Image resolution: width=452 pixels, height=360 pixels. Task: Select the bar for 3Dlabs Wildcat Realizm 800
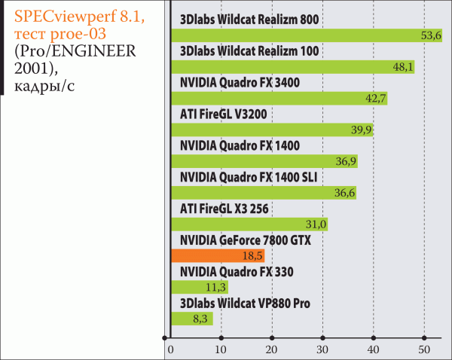(x=301, y=35)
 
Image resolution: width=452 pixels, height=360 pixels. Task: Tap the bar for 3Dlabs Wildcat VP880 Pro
(x=192, y=319)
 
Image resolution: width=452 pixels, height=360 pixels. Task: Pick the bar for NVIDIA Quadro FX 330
(x=200, y=287)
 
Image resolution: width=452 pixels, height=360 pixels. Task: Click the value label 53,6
(x=431, y=35)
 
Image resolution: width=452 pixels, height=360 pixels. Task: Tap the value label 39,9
(x=362, y=130)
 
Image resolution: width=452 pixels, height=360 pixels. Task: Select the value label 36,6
(x=344, y=194)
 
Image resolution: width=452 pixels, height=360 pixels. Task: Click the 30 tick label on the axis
(x=323, y=349)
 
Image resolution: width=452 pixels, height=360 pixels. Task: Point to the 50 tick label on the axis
(x=424, y=349)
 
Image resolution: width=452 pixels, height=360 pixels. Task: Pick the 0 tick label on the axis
(x=171, y=349)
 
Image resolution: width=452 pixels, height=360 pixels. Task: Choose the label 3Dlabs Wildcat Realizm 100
(x=249, y=50)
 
